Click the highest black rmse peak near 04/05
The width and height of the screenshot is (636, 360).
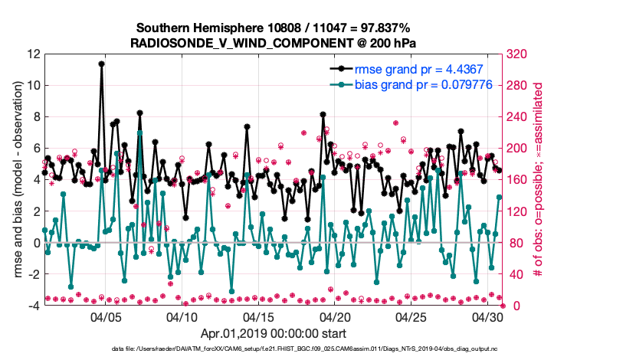point(102,64)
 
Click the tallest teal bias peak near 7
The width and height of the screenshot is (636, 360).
point(139,133)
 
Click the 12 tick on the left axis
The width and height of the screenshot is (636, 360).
point(33,54)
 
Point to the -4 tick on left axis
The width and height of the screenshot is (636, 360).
point(33,306)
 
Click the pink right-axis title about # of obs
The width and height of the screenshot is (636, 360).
point(538,180)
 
